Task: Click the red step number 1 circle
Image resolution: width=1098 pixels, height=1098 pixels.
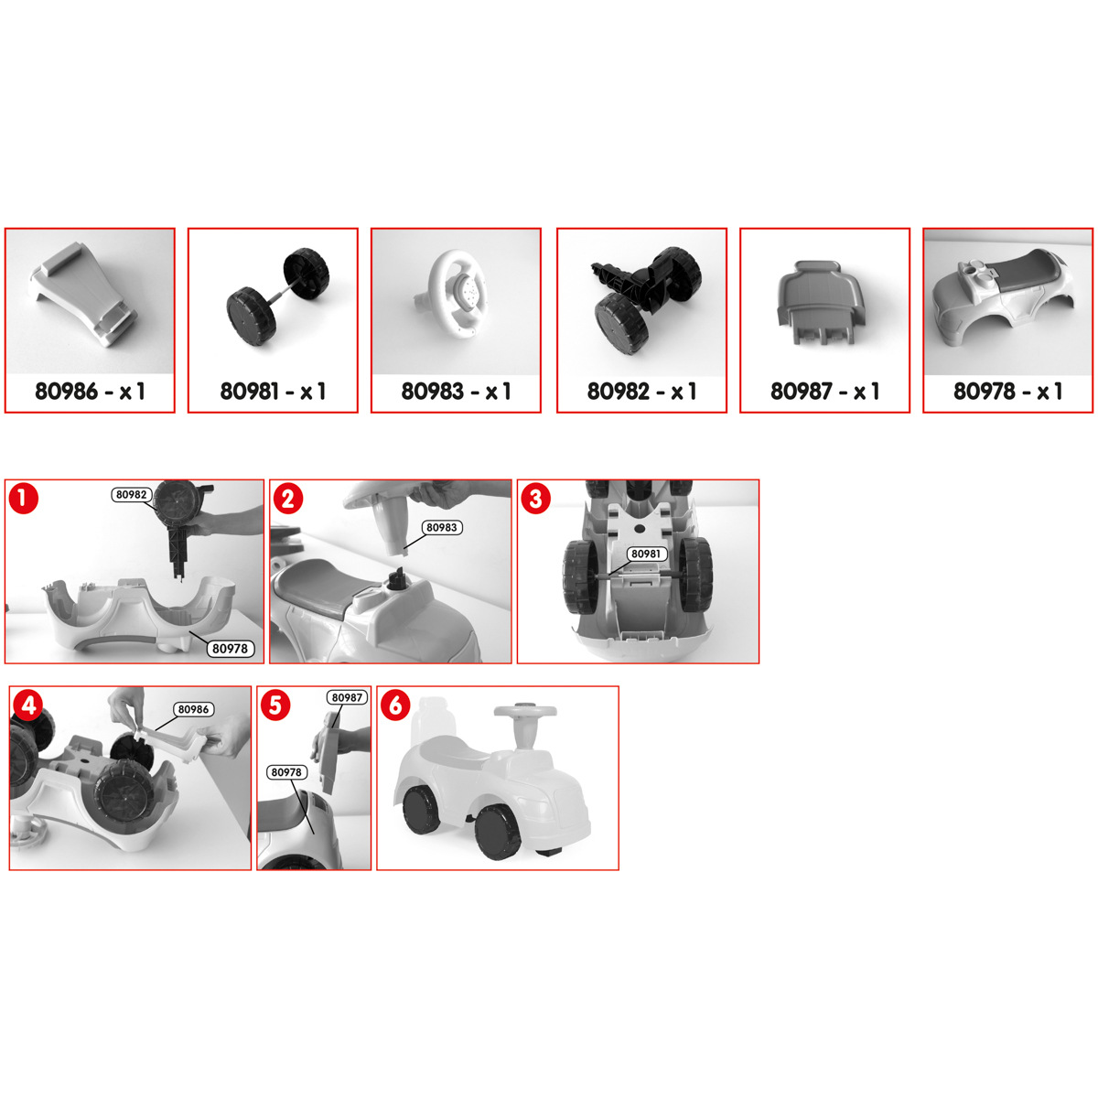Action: point(23,499)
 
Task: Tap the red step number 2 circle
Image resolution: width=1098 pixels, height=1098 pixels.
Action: point(288,499)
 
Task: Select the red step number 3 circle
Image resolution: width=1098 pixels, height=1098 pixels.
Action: point(535,499)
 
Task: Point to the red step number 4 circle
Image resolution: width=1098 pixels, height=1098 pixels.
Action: point(28,705)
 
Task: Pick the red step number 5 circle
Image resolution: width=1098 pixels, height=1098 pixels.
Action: point(275,705)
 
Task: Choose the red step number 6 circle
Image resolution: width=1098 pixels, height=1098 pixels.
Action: point(395,705)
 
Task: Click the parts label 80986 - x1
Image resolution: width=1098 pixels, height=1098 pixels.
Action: point(90,392)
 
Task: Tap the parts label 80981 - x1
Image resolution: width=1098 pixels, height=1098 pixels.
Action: point(273,392)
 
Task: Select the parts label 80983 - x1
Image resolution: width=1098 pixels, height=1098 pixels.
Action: point(456,392)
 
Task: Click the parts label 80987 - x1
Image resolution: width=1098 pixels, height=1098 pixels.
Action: point(825,392)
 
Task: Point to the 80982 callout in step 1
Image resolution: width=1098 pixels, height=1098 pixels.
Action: point(132,495)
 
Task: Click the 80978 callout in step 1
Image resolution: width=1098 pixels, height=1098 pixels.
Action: point(231,649)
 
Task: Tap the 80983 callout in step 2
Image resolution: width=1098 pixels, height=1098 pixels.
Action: point(442,528)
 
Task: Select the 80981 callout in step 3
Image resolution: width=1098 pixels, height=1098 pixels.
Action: point(646,554)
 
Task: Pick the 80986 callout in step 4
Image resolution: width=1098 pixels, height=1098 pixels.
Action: point(194,709)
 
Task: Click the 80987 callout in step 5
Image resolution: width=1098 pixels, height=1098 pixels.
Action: point(347,697)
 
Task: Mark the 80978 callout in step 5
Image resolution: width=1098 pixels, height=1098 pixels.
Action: point(286,772)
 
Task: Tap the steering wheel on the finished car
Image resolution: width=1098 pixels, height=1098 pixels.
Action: point(525,712)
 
